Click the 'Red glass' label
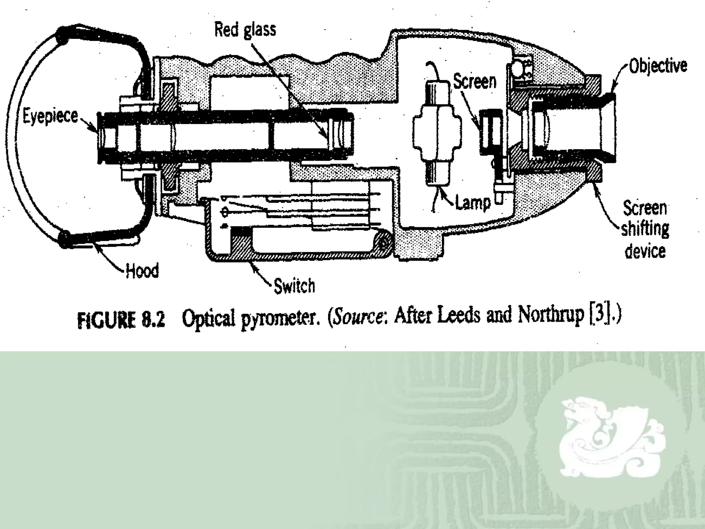[245, 29]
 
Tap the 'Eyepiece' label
[50, 116]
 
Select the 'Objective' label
[658, 65]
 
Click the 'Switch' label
[294, 286]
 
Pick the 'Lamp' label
[473, 203]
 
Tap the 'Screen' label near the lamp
[475, 82]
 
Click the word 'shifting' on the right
[645, 229]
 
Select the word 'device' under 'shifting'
[645, 251]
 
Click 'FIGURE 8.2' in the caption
[121, 320]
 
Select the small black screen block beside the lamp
[491, 132]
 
